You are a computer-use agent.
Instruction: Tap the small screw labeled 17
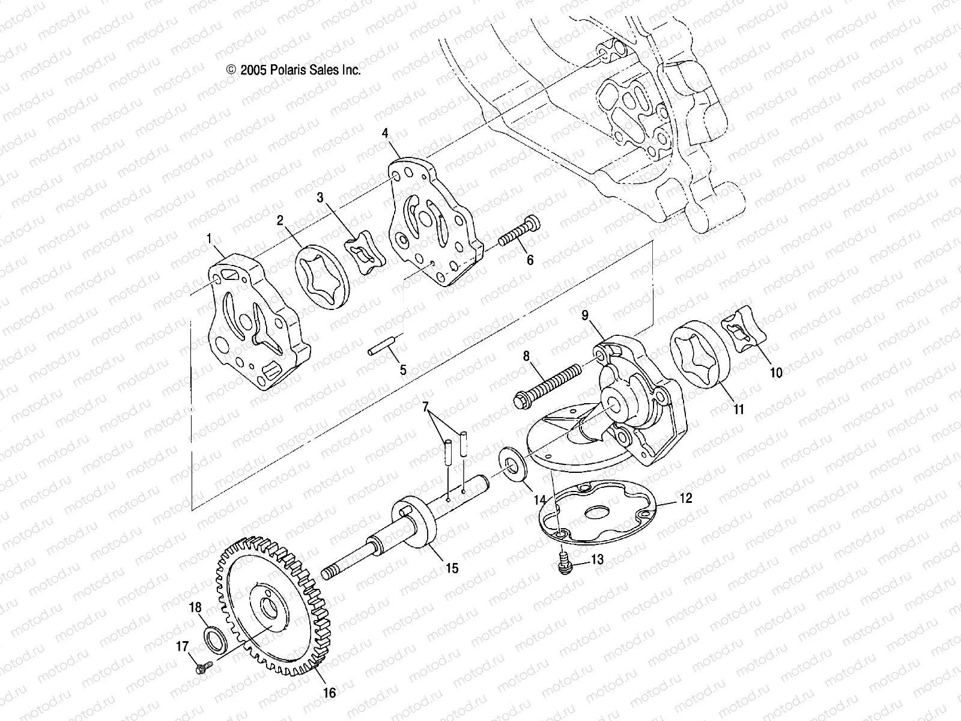pos(204,666)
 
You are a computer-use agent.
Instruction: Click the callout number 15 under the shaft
pos(452,568)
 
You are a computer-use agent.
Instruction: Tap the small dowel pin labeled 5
pos(381,348)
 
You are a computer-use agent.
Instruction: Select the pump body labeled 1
pos(255,324)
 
